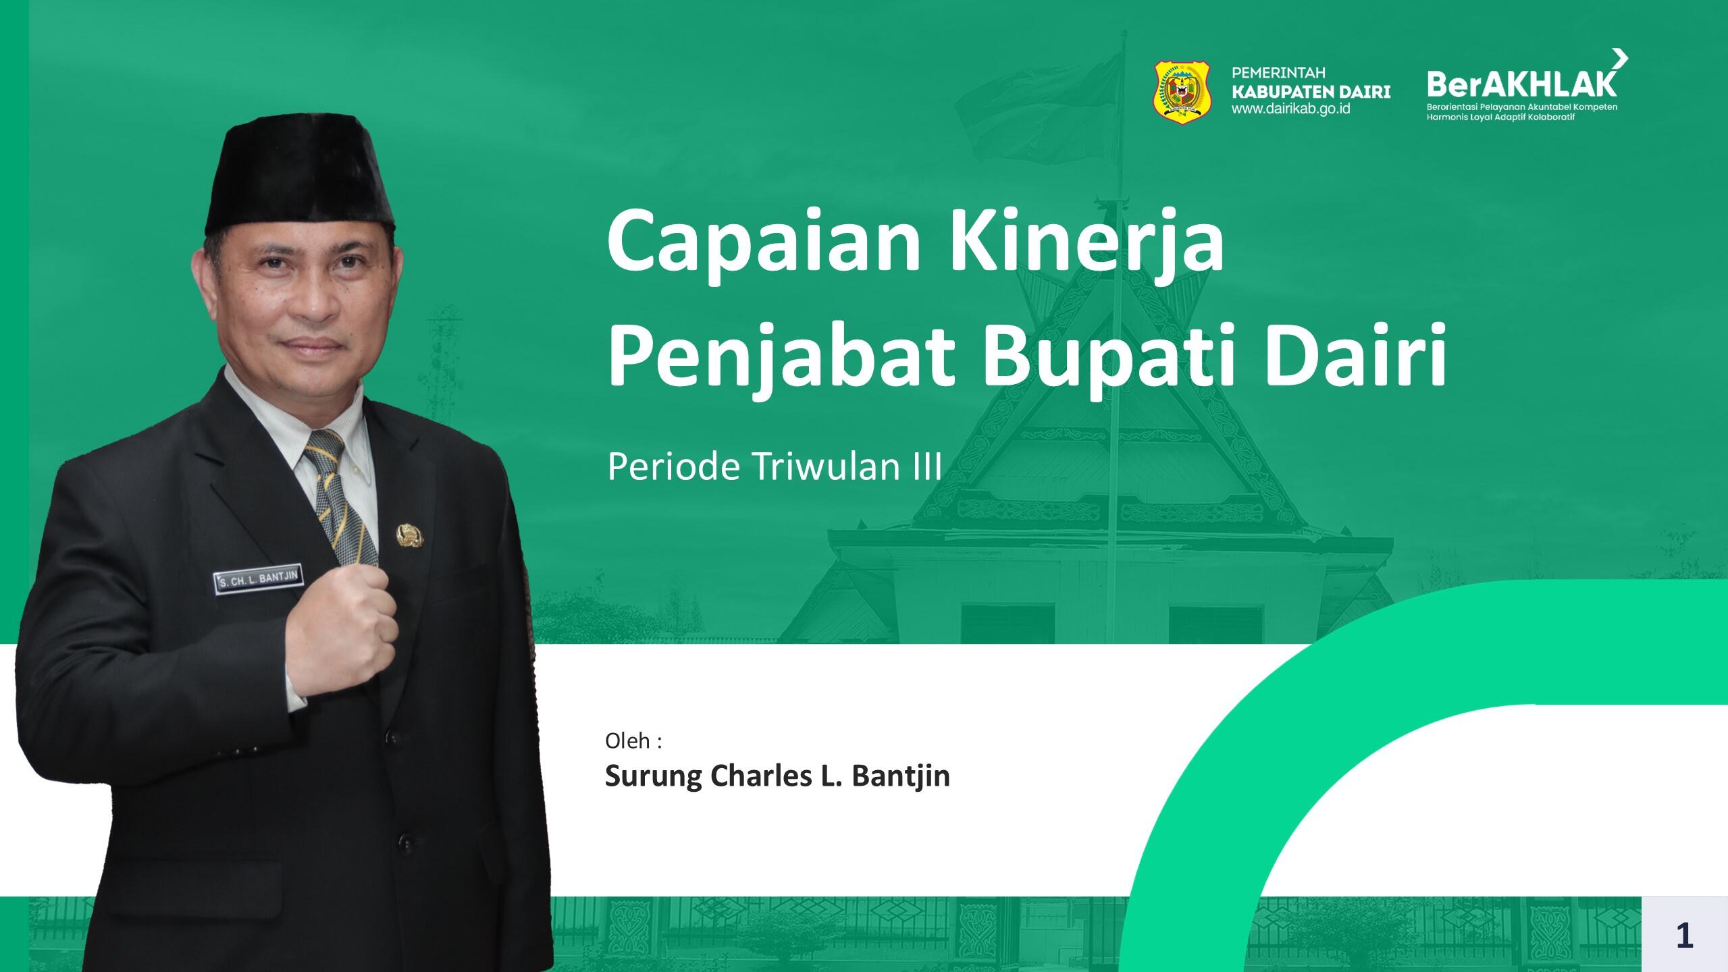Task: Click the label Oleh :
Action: point(633,740)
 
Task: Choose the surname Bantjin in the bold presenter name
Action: point(901,777)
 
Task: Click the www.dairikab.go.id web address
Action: point(1291,108)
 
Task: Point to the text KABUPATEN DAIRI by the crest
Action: point(1311,90)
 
